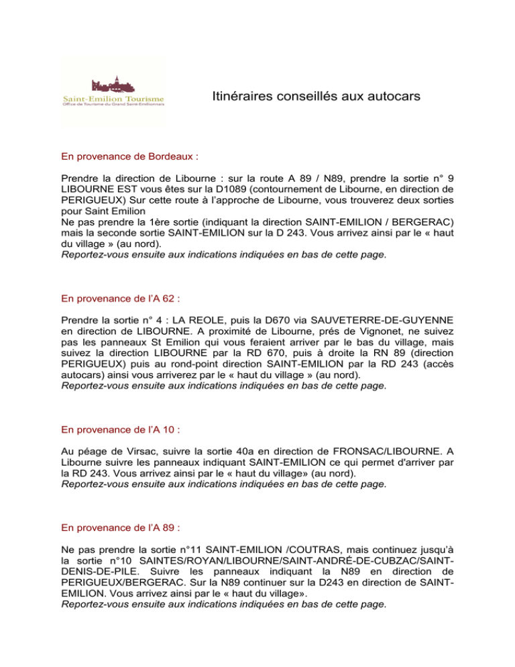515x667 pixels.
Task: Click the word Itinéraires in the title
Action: pyautogui.click(x=237, y=98)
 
